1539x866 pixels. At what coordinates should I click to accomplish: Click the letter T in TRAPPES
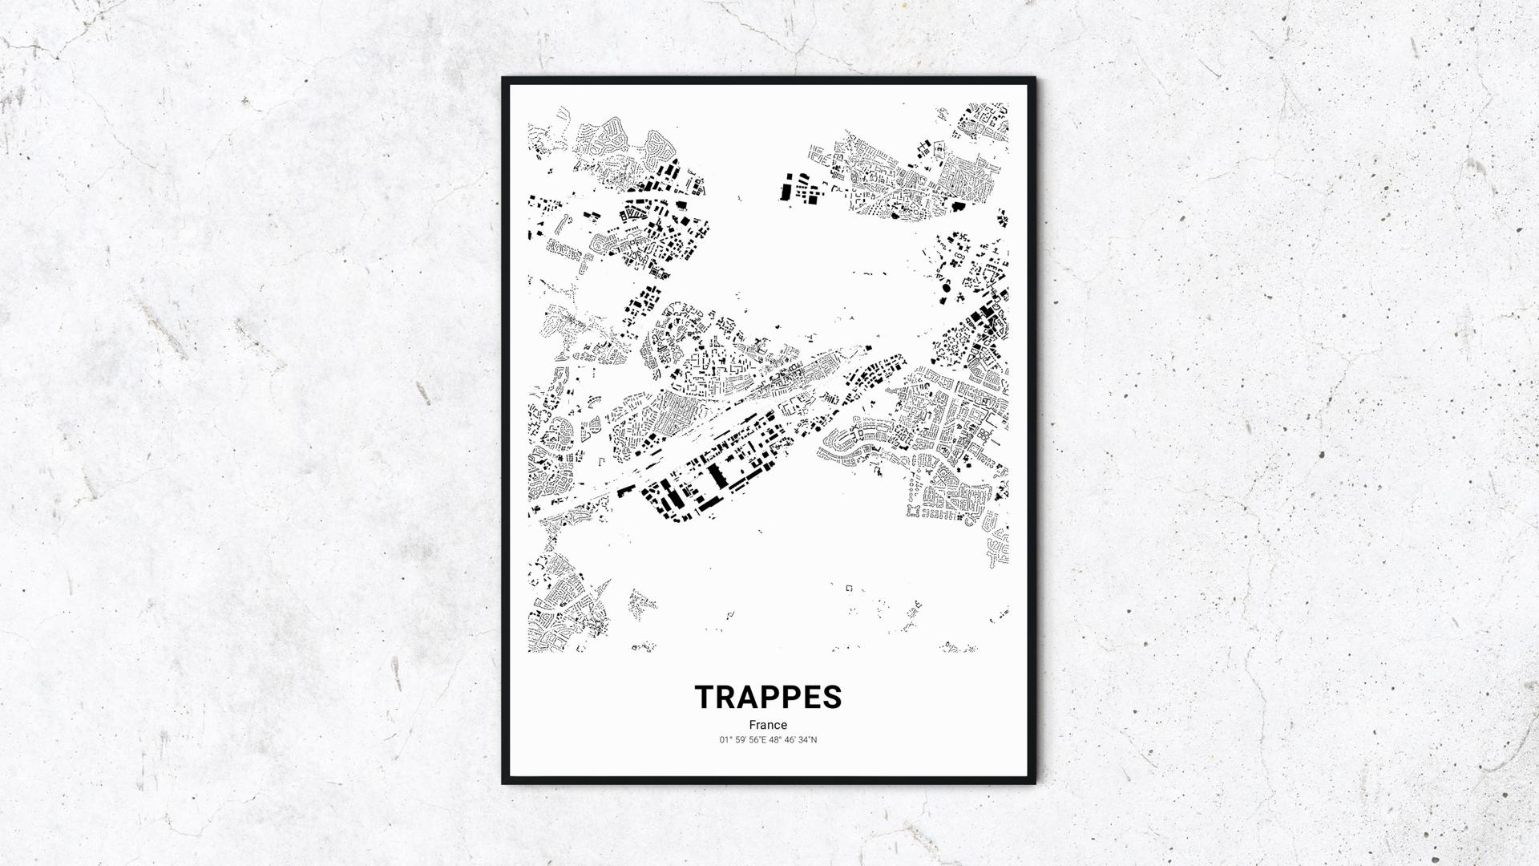(x=706, y=697)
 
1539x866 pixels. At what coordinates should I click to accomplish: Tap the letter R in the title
(x=727, y=697)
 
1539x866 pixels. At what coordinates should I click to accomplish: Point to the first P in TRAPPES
(x=771, y=697)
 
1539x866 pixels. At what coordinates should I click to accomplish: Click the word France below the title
(x=768, y=725)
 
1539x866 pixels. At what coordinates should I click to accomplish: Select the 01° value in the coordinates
(x=726, y=740)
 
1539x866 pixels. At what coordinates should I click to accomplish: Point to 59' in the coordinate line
(x=742, y=740)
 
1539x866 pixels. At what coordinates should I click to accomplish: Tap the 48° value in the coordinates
(x=775, y=740)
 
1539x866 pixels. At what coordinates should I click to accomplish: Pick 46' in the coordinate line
(x=791, y=740)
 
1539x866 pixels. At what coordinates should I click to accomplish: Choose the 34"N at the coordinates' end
(x=808, y=740)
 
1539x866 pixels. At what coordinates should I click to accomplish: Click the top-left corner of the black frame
(x=503, y=79)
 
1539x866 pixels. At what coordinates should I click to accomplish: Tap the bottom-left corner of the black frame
(x=503, y=783)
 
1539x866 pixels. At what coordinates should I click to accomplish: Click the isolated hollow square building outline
(x=849, y=589)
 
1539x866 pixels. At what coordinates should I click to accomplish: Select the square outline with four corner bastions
(x=914, y=510)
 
